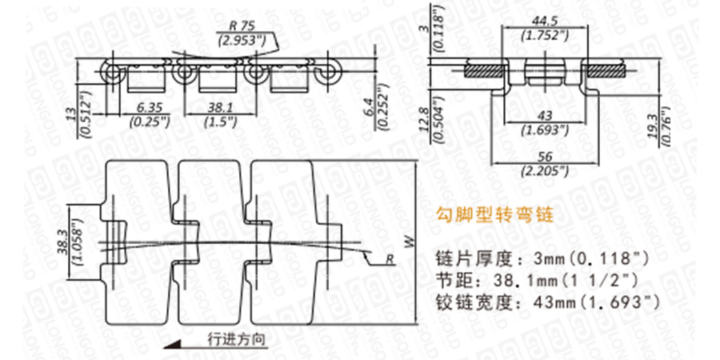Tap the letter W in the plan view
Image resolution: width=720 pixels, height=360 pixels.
click(x=410, y=241)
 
